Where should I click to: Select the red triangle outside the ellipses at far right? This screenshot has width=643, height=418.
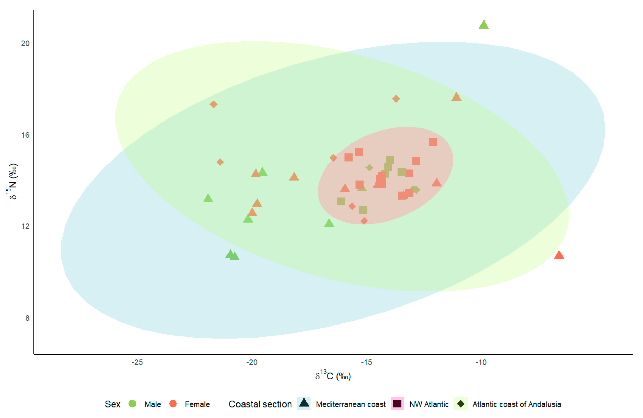pyautogui.click(x=559, y=255)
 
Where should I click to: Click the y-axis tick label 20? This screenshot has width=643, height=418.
pyautogui.click(x=25, y=43)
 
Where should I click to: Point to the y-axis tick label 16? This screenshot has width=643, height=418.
pyautogui.click(x=25, y=135)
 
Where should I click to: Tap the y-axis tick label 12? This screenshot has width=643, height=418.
pyautogui.click(x=25, y=226)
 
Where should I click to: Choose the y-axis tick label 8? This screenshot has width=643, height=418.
pyautogui.click(x=27, y=318)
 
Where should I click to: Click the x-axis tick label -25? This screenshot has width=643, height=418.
pyautogui.click(x=137, y=362)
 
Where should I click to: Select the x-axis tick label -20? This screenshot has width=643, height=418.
pyautogui.click(x=252, y=362)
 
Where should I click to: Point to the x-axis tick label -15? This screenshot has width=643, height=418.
pyautogui.click(x=366, y=362)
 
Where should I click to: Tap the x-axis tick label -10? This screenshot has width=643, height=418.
pyautogui.click(x=481, y=362)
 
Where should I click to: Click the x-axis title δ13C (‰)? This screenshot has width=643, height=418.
pyautogui.click(x=333, y=375)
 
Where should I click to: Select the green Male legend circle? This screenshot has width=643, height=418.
pyautogui.click(x=132, y=404)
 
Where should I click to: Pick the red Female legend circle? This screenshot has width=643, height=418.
pyautogui.click(x=173, y=404)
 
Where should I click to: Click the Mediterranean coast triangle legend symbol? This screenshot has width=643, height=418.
pyautogui.click(x=304, y=403)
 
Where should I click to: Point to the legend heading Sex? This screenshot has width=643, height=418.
pyautogui.click(x=112, y=404)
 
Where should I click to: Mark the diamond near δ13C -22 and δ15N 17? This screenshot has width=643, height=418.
pyautogui.click(x=213, y=104)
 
